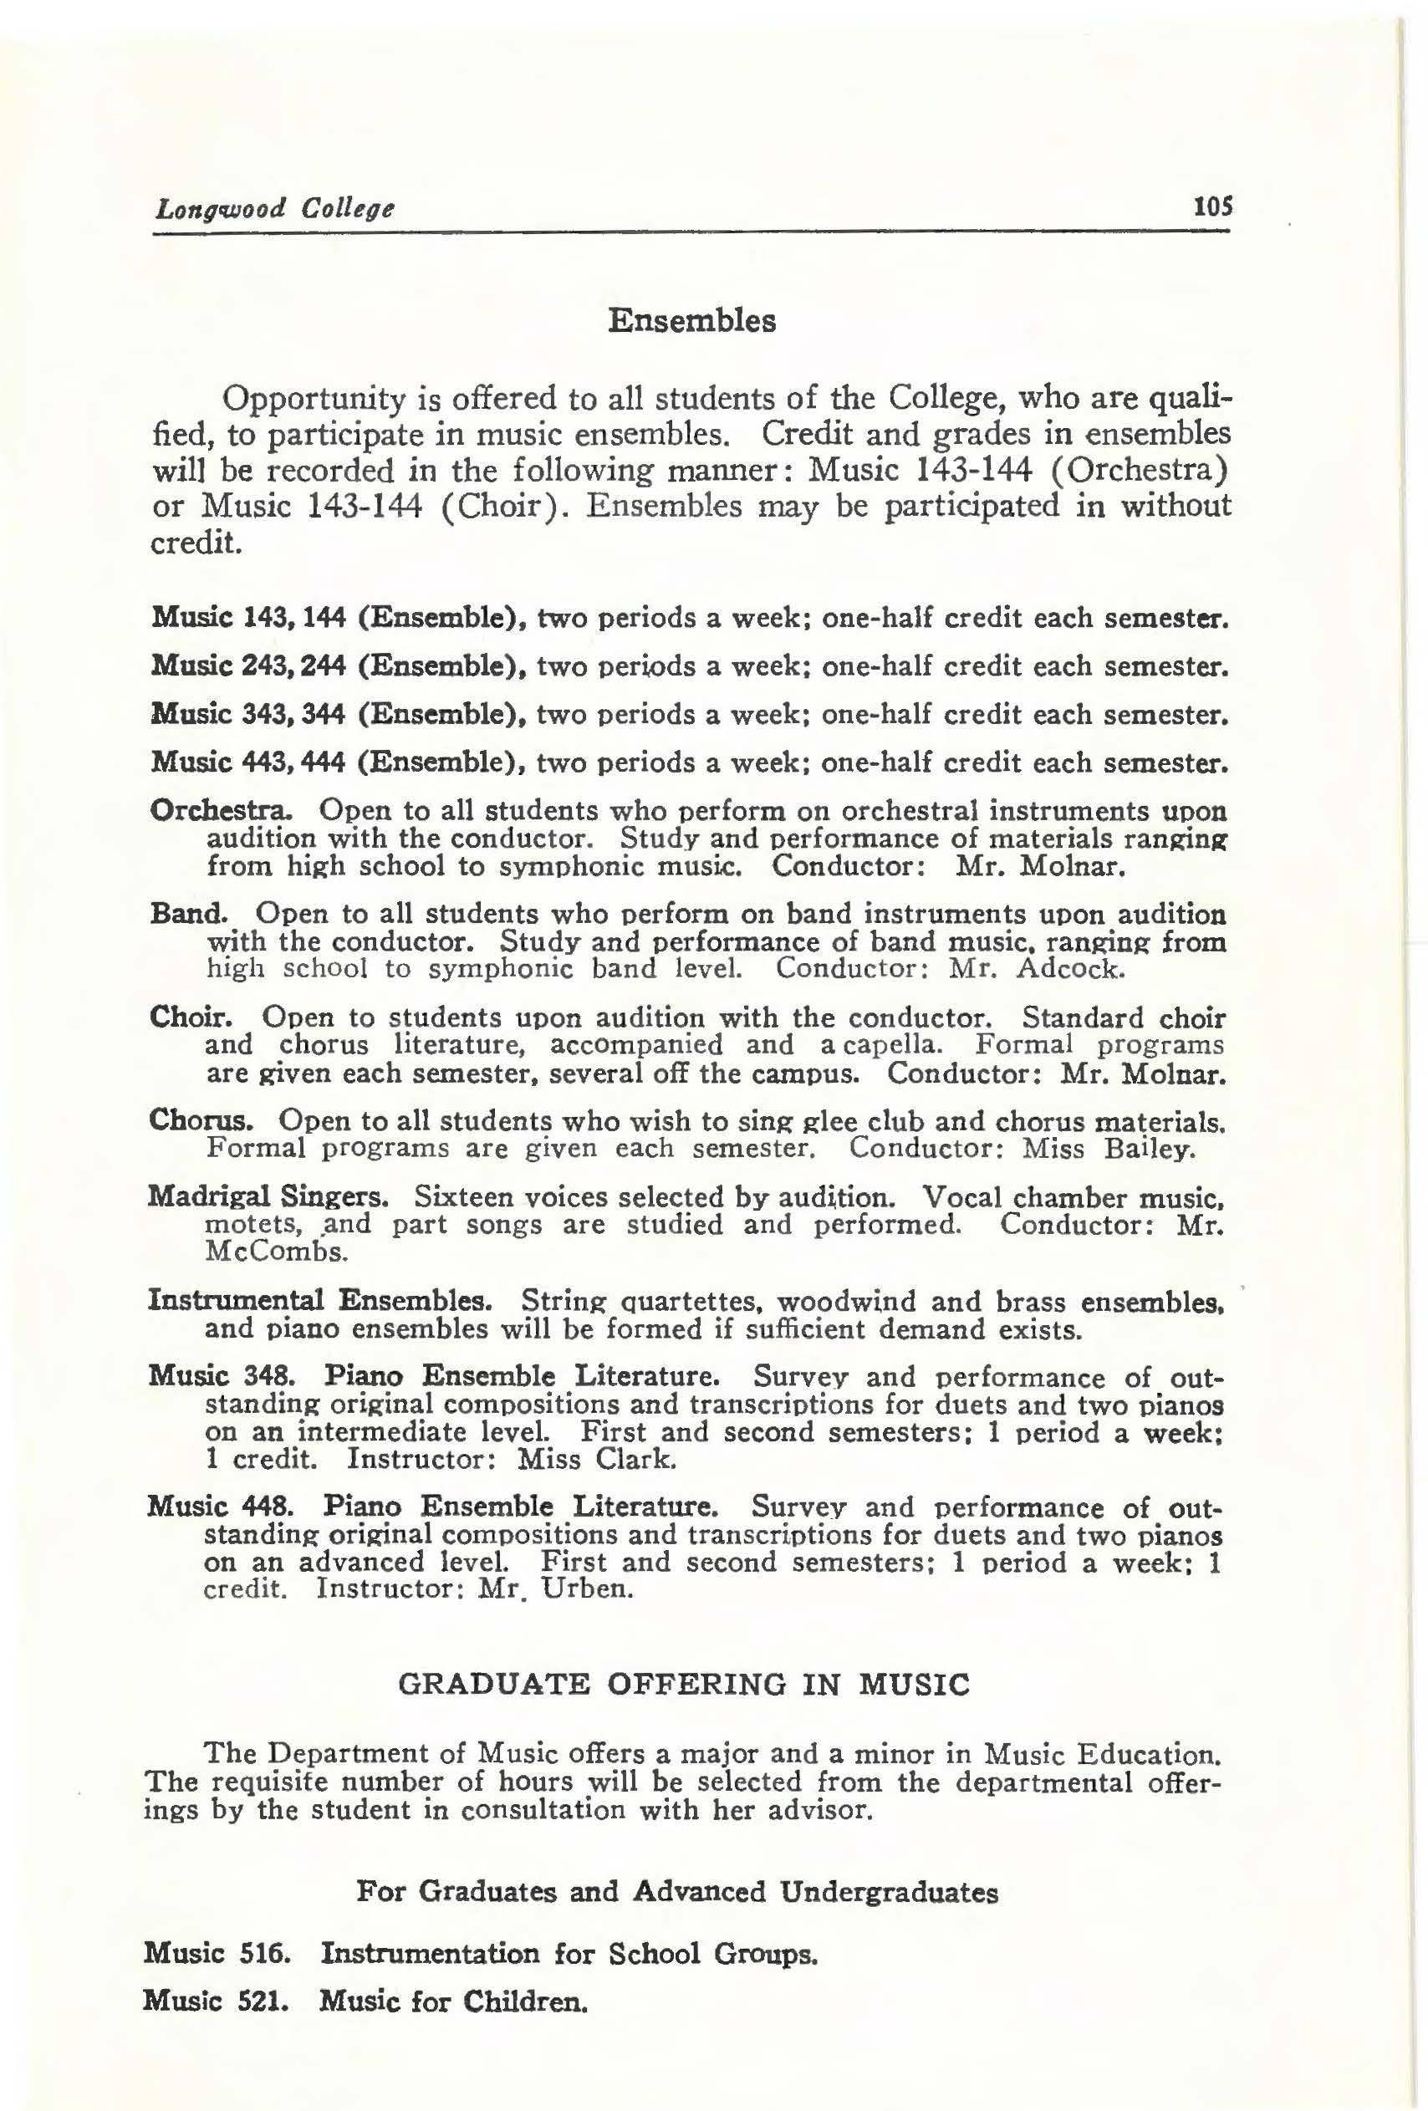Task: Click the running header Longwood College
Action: click(274, 209)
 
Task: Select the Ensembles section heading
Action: click(691, 322)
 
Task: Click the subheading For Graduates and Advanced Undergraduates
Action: click(676, 1892)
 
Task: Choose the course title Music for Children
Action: click(451, 2001)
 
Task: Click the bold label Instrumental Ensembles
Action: click(319, 1300)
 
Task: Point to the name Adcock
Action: click(1071, 968)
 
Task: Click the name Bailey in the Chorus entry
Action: click(1147, 1149)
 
